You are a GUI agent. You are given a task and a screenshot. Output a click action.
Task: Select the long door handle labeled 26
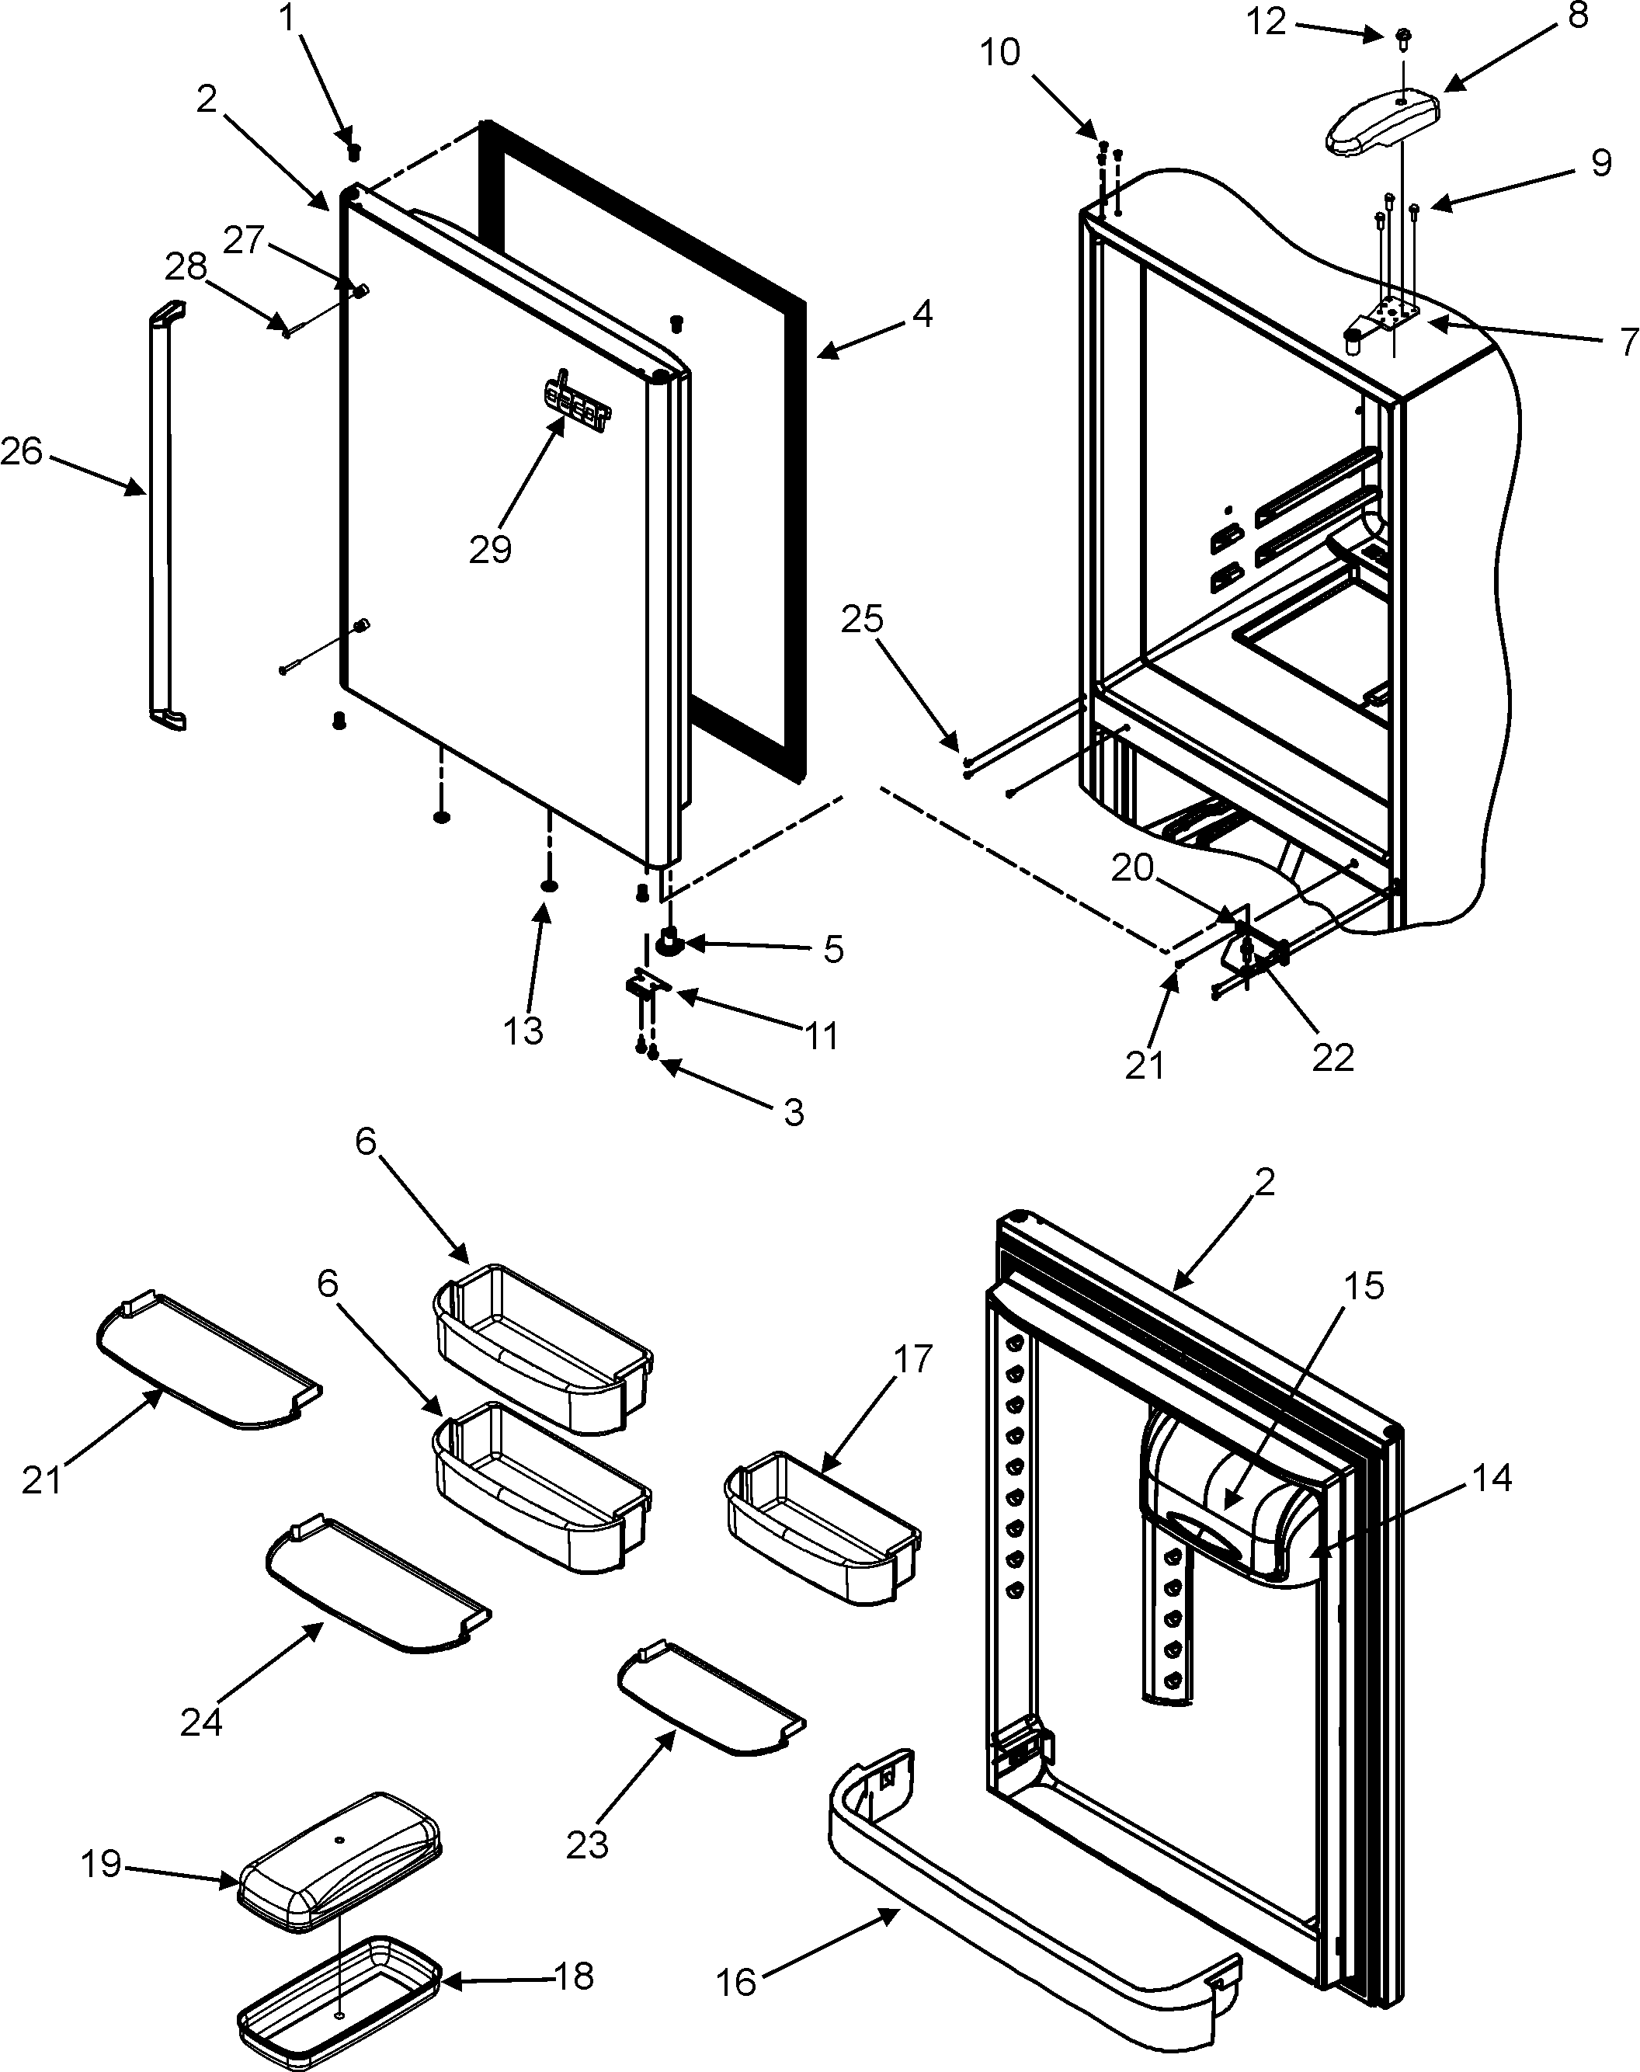162,519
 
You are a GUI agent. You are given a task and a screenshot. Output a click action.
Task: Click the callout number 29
490,549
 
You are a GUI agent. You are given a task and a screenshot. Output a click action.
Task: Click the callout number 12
1266,21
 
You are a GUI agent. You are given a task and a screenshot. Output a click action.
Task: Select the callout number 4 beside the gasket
922,313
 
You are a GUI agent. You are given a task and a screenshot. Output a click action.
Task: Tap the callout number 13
523,1031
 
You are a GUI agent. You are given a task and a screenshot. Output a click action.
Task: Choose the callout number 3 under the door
793,1112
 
